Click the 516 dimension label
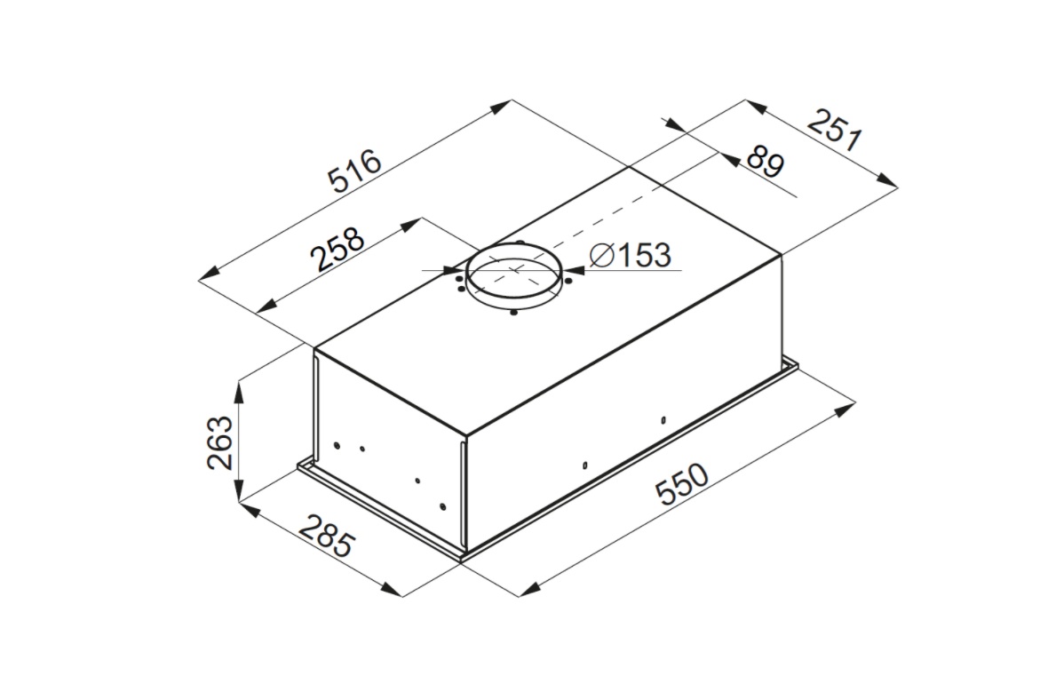pos(355,171)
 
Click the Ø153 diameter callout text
pos(630,255)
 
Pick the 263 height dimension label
pos(220,442)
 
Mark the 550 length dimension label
pos(682,484)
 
